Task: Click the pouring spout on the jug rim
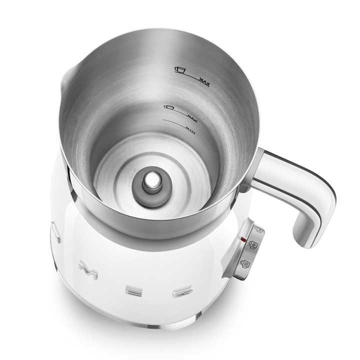pyautogui.click(x=65, y=77)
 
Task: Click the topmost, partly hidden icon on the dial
pyautogui.click(x=258, y=230)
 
